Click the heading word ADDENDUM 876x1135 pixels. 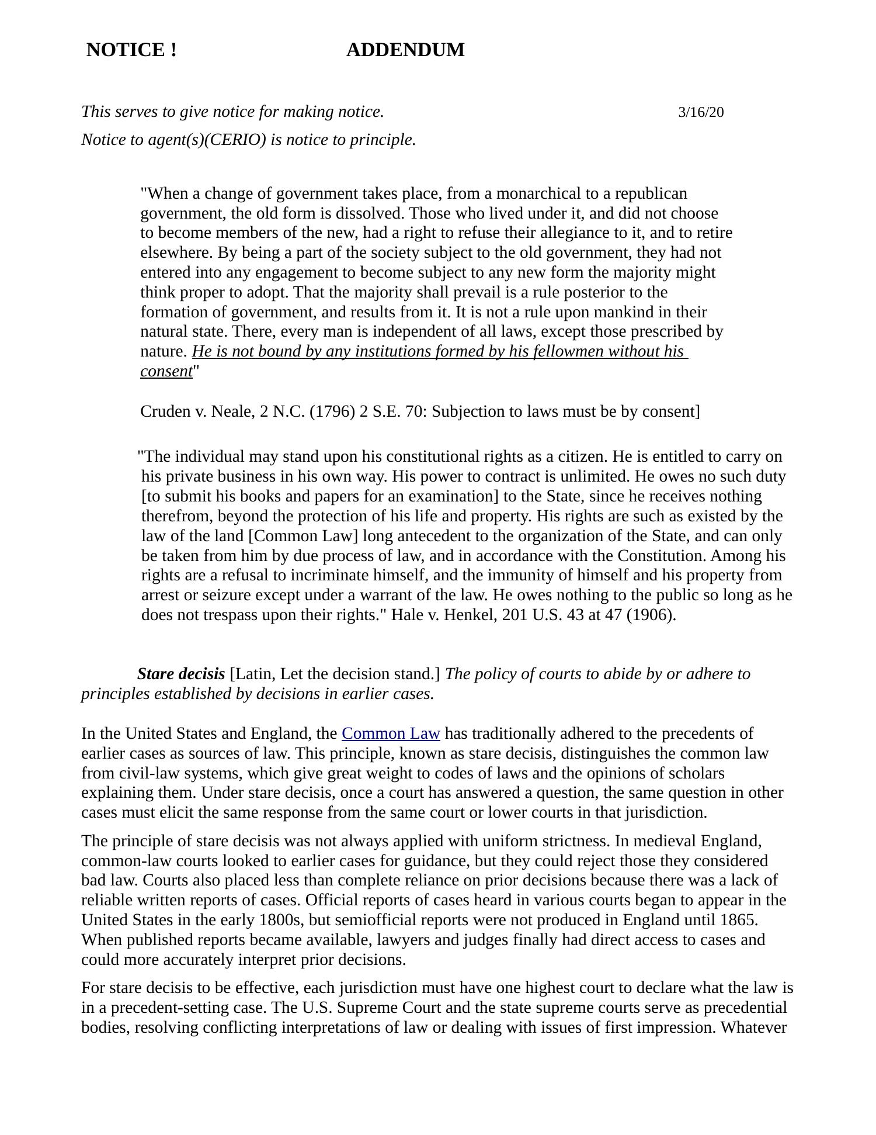click(405, 50)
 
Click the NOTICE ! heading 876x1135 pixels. click(131, 50)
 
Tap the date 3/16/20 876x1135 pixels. click(700, 112)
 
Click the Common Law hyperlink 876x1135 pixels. click(391, 733)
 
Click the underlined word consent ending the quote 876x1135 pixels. click(166, 371)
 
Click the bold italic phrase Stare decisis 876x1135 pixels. click(181, 674)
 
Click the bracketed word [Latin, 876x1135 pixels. click(253, 674)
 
